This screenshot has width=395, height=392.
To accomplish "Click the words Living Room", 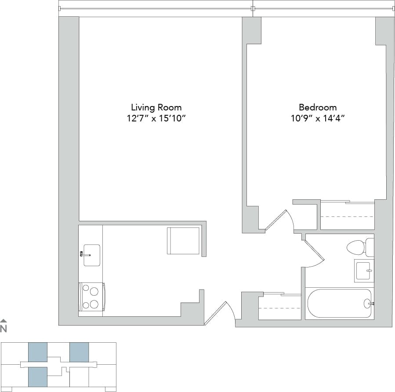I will point(156,107).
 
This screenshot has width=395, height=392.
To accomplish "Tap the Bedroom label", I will point(318,107).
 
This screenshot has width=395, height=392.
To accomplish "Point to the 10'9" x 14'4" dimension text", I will point(318,118).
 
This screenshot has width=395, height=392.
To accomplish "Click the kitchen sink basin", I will point(92,255).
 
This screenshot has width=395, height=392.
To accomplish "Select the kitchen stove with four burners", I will point(91,297).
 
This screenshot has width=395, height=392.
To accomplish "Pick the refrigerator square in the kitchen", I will point(183,241).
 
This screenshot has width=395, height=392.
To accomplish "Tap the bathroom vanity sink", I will point(363,271).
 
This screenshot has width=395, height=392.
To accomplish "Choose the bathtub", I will point(338,303).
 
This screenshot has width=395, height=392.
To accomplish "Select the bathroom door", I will point(314,254).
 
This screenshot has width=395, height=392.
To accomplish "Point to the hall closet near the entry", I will point(279,307).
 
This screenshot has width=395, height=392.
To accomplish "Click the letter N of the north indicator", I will point(4,328).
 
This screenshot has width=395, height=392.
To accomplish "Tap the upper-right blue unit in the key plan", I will point(79,352).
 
